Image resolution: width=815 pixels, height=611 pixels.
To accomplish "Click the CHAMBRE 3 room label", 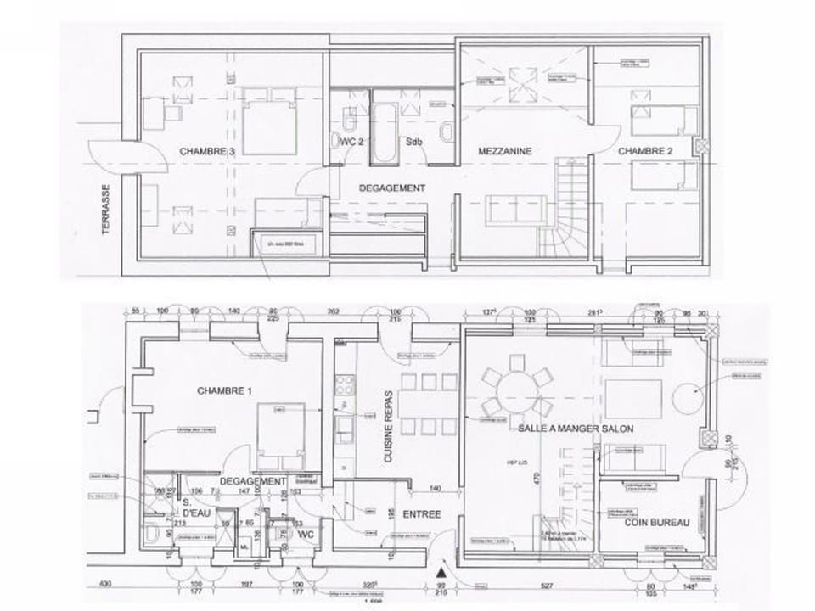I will (206, 151).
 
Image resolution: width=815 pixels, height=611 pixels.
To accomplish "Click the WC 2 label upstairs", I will (351, 142).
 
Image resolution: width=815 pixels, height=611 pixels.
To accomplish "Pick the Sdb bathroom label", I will (414, 142).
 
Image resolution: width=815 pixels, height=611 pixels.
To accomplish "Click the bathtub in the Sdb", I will (383, 132).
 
